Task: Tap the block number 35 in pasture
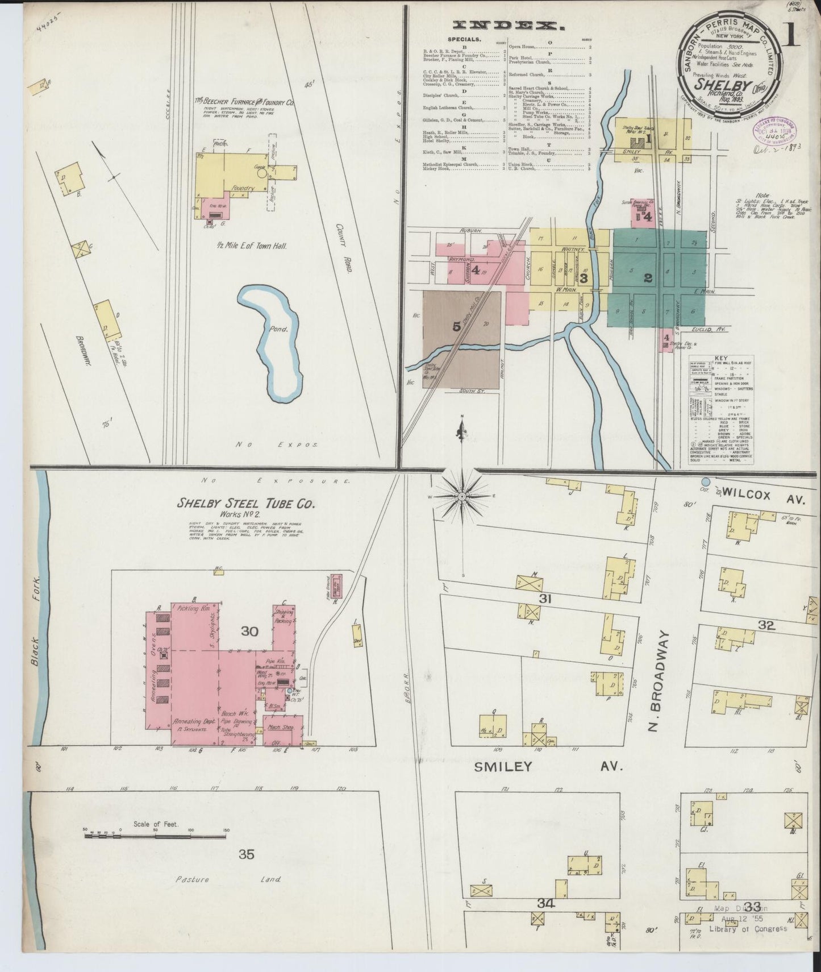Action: tap(246, 854)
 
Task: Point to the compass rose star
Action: tap(462, 496)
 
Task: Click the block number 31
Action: tap(545, 599)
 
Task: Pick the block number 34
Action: tap(545, 903)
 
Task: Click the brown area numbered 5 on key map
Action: tap(456, 326)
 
